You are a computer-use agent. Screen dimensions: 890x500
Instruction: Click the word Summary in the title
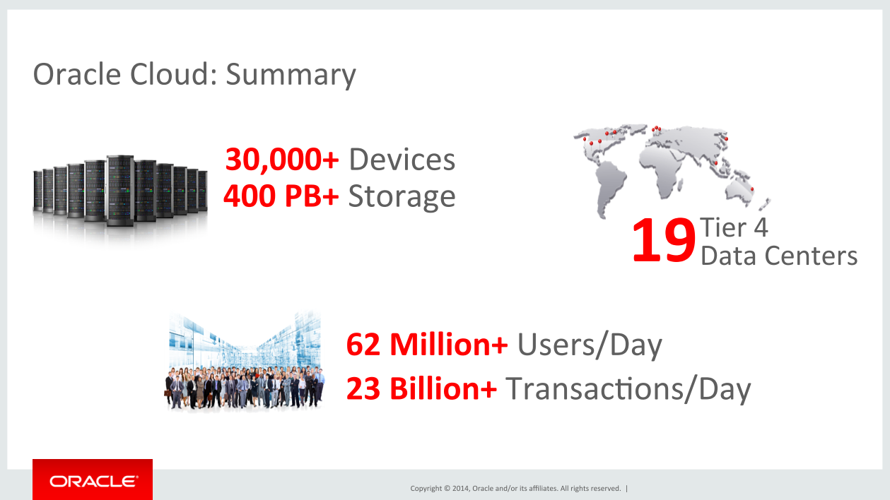pos(291,76)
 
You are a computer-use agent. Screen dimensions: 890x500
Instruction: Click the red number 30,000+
pos(282,160)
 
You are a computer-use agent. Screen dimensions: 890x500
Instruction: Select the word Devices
pos(402,160)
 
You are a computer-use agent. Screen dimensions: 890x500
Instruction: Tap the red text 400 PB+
pos(281,196)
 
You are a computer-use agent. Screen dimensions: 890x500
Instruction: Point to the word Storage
pos(402,198)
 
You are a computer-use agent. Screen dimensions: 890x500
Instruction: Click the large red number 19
pos(663,241)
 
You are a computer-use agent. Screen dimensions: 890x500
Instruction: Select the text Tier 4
pos(734,227)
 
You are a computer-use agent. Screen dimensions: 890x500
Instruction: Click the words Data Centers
pos(779,256)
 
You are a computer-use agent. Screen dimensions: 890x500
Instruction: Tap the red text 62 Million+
pos(427,344)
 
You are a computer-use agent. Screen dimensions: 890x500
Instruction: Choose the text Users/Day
pos(590,345)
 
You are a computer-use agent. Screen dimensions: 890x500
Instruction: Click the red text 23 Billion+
pos(421,388)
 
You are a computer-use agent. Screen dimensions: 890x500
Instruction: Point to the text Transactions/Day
pos(628,389)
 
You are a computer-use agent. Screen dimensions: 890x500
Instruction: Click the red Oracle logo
pos(93,480)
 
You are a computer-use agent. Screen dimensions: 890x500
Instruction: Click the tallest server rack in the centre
pos(120,191)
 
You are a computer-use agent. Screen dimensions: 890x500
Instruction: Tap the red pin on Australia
pos(751,190)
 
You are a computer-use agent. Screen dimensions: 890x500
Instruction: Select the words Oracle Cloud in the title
pos(117,74)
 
